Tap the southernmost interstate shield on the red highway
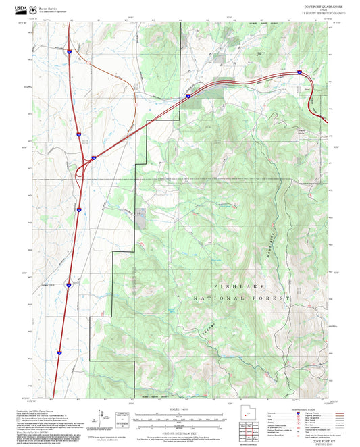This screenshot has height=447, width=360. coord(59,352)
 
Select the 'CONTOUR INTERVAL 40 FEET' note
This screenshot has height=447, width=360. coord(180,441)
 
